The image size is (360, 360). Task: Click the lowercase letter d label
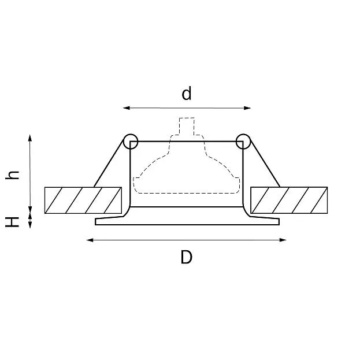pyautogui.click(x=187, y=94)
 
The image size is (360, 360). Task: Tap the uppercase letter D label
pyautogui.click(x=187, y=257)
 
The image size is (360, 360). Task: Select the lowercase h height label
pyautogui.click(x=12, y=175)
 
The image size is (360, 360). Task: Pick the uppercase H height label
pyautogui.click(x=12, y=222)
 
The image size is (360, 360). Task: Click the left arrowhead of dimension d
pyautogui.click(x=127, y=108)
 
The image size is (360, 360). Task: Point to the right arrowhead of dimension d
pyautogui.click(x=247, y=108)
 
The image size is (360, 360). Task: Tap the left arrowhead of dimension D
pyautogui.click(x=90, y=240)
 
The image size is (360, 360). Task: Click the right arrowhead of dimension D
pyautogui.click(x=283, y=240)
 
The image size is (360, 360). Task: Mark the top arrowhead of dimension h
pyautogui.click(x=30, y=138)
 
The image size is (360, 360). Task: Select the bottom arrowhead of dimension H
pyautogui.click(x=30, y=225)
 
